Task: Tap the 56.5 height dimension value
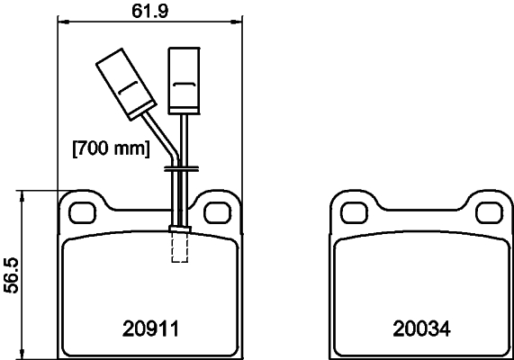tap(9, 274)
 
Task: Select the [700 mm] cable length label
tap(110, 147)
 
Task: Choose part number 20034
tap(420, 329)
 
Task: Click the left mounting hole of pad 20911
tap(84, 211)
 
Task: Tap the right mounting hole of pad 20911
tap(215, 211)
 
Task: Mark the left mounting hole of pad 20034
tap(354, 211)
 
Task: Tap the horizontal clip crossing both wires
tap(180, 167)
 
